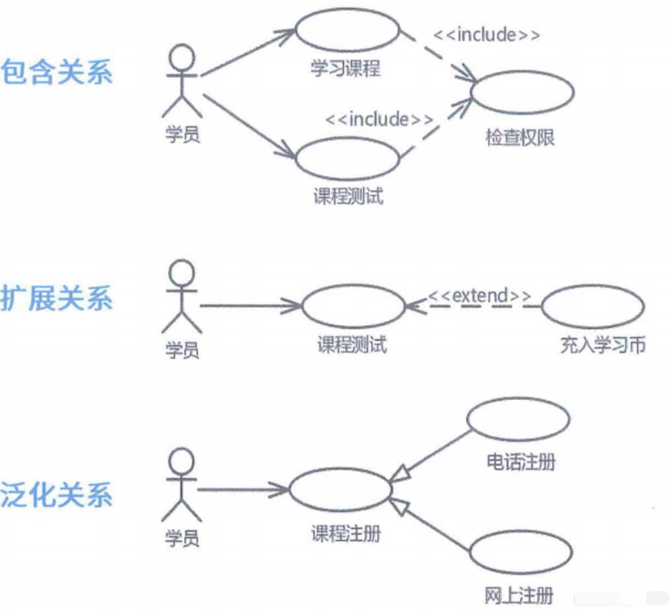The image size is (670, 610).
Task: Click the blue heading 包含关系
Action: [57, 72]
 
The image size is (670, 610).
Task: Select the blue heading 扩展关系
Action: [57, 299]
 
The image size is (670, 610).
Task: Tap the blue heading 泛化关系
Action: [57, 495]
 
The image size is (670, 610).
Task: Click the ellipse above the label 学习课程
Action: [348, 30]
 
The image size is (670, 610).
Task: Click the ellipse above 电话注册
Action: [518, 420]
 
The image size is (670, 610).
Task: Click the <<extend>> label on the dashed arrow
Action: [480, 295]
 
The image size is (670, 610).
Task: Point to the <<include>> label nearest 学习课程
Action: [486, 34]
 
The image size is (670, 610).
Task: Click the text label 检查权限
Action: [521, 138]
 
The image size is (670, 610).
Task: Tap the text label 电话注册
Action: [521, 461]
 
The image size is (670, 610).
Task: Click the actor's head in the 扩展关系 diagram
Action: [182, 272]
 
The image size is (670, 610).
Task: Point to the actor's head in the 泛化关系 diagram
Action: [182, 461]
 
